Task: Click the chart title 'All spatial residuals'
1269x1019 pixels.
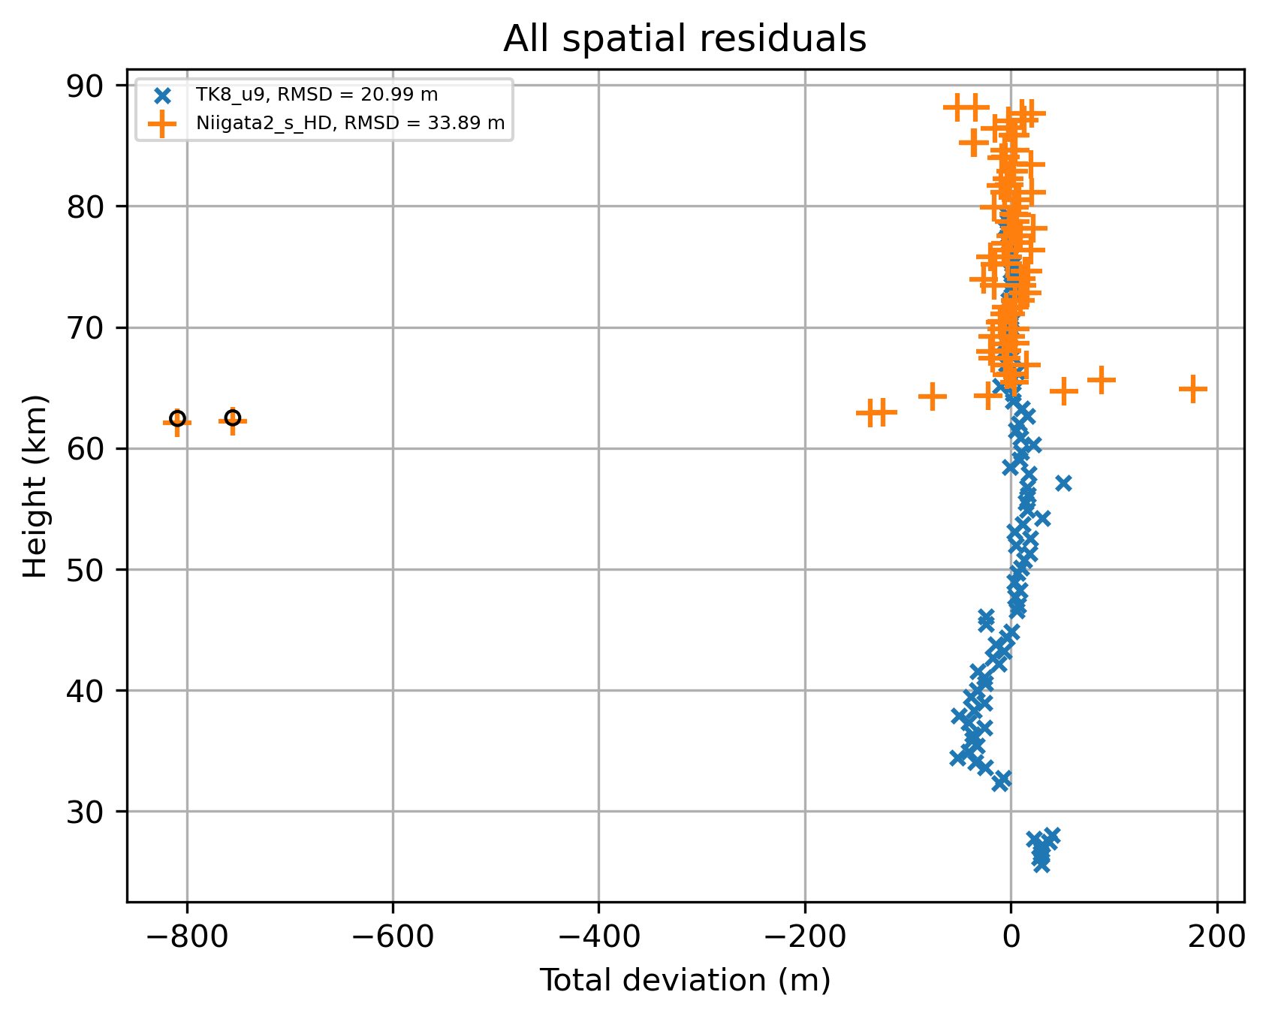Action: tap(685, 39)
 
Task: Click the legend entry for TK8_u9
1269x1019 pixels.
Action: tap(316, 95)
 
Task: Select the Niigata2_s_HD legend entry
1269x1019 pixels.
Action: tap(350, 123)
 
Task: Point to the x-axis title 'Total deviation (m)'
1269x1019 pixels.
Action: tap(685, 980)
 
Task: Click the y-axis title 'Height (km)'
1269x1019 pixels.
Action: tap(35, 486)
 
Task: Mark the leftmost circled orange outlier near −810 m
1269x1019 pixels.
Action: tap(177, 419)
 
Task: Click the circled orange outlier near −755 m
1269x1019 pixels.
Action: tap(233, 418)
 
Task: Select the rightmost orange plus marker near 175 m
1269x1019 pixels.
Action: tap(1192, 389)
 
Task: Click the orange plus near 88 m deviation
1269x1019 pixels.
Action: tap(1102, 380)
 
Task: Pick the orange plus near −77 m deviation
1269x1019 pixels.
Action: tap(933, 396)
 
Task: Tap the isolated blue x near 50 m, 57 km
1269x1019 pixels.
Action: tap(1063, 483)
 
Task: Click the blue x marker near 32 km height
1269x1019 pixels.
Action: tap(1001, 781)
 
